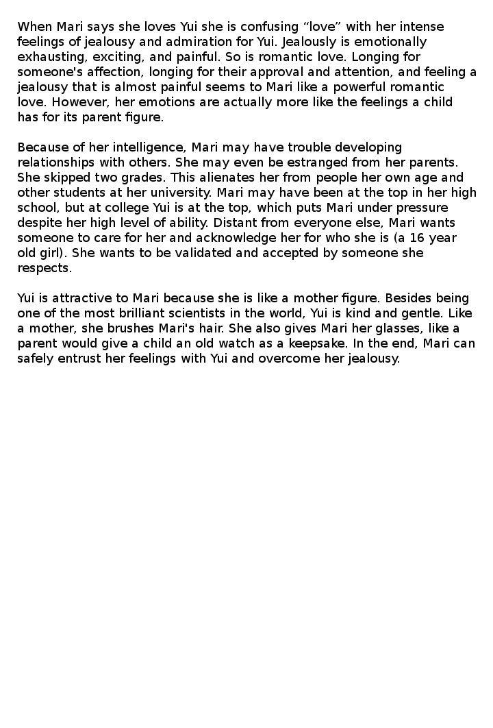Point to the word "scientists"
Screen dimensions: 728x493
pyautogui.click(x=226, y=313)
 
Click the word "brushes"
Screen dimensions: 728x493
pyautogui.click(x=140, y=328)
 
